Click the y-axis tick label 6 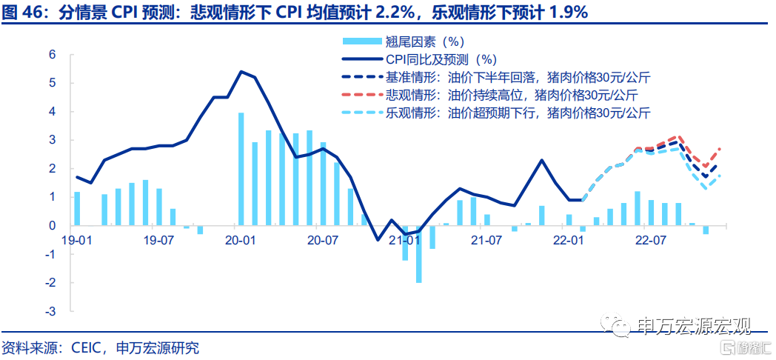point(53,55)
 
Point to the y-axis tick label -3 point(50,311)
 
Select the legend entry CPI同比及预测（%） point(419,59)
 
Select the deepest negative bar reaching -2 point(418,254)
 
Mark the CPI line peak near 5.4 point(241,71)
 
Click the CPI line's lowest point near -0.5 point(378,240)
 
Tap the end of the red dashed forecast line point(719,149)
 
